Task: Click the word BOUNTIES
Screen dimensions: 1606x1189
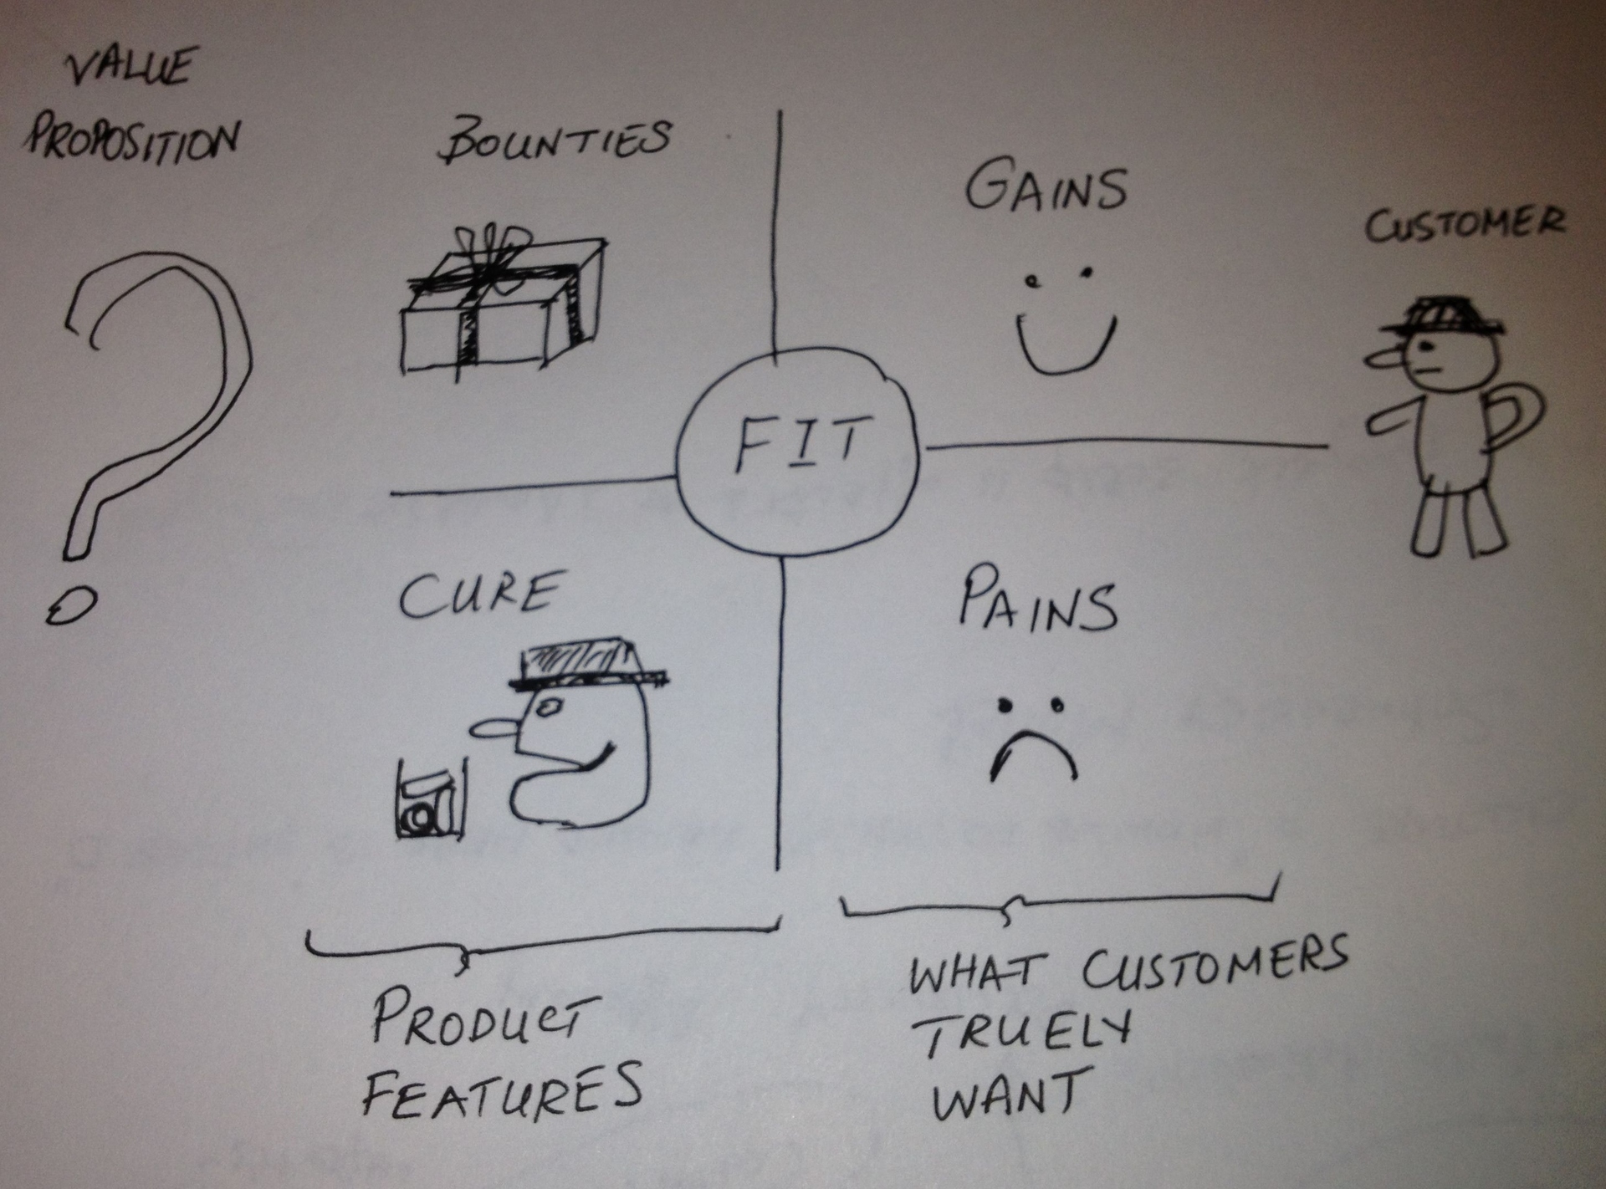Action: click(x=555, y=142)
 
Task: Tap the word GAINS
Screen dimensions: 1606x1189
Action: click(x=1046, y=188)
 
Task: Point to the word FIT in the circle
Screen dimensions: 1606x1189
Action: click(x=797, y=442)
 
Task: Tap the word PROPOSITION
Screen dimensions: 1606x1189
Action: click(x=131, y=142)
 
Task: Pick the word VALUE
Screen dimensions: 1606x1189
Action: click(x=130, y=67)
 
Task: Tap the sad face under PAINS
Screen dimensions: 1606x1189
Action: click(x=1034, y=736)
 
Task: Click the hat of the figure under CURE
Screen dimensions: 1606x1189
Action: click(x=590, y=665)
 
